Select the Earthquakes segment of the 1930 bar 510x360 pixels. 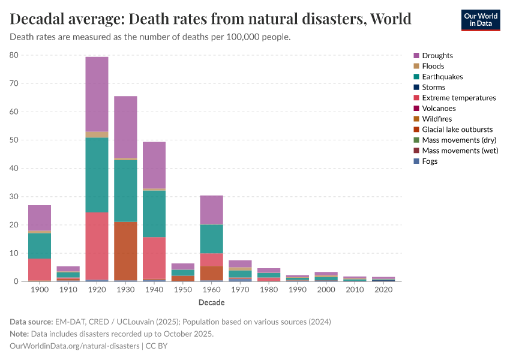pyautogui.click(x=125, y=190)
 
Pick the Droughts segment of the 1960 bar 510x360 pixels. pyautogui.click(x=211, y=209)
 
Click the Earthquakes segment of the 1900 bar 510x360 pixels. pyautogui.click(x=40, y=246)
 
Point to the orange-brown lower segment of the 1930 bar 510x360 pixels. pyautogui.click(x=125, y=250)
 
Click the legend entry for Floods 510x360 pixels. pyautogui.click(x=433, y=66)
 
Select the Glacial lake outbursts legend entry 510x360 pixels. pyautogui.click(x=457, y=130)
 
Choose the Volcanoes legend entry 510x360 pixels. pyautogui.click(x=439, y=109)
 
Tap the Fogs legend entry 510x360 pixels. pyautogui.click(x=430, y=161)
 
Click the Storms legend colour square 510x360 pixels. pyautogui.click(x=416, y=88)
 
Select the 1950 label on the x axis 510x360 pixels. pyautogui.click(x=182, y=290)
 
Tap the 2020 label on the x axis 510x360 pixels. pyautogui.click(x=383, y=290)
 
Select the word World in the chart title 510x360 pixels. pyautogui.click(x=391, y=19)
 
